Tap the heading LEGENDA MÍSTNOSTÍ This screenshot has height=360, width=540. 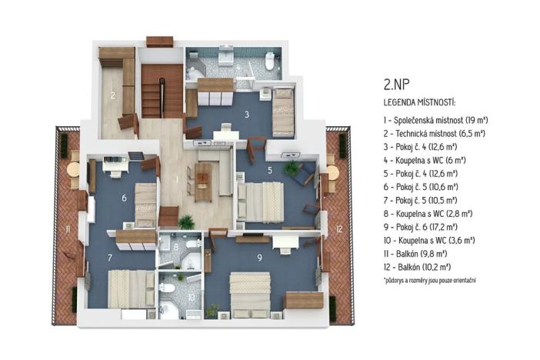click(419, 102)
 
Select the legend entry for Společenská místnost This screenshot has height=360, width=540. click(436, 120)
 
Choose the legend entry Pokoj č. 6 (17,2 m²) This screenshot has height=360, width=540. click(420, 226)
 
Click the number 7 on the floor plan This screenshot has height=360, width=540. click(110, 257)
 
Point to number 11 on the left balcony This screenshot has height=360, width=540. click(68, 229)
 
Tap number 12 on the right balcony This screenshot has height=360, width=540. click(339, 229)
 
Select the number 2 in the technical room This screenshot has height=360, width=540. click(112, 96)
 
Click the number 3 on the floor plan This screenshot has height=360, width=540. click(246, 115)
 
